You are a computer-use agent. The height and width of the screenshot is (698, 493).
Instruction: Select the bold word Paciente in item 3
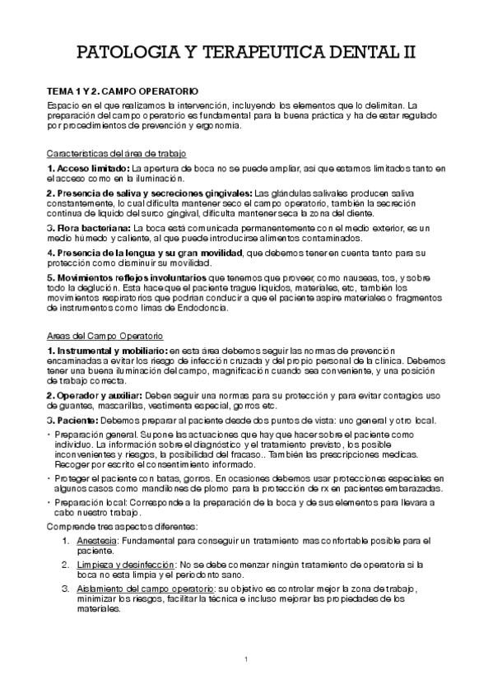pyautogui.click(x=75, y=421)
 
